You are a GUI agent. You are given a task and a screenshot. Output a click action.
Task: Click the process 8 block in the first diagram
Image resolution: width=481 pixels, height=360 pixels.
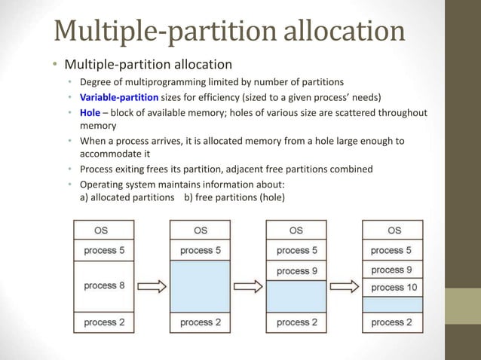(x=103, y=286)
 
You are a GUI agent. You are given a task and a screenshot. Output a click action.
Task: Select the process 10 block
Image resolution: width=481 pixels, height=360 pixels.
(x=394, y=287)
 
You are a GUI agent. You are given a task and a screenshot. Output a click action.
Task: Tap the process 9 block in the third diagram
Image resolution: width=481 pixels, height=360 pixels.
(x=296, y=270)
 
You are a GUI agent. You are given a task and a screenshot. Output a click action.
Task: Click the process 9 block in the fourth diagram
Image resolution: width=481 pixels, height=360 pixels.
(x=394, y=269)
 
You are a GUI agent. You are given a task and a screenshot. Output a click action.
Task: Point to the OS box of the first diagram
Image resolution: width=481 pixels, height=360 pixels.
(x=103, y=230)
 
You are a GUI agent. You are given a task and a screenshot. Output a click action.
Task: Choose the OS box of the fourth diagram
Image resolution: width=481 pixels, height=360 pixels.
(x=394, y=230)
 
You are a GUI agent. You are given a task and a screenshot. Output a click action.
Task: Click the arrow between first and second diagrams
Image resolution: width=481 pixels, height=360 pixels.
(x=152, y=286)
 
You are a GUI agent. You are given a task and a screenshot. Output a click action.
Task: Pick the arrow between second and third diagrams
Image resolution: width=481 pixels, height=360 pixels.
(x=248, y=286)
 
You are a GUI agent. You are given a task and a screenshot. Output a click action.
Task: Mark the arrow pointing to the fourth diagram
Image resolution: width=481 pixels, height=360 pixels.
(x=345, y=286)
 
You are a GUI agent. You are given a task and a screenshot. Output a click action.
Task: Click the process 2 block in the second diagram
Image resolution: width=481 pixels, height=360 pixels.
(x=200, y=322)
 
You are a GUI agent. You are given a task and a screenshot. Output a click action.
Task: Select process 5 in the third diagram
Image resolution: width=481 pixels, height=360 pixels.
(x=296, y=250)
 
